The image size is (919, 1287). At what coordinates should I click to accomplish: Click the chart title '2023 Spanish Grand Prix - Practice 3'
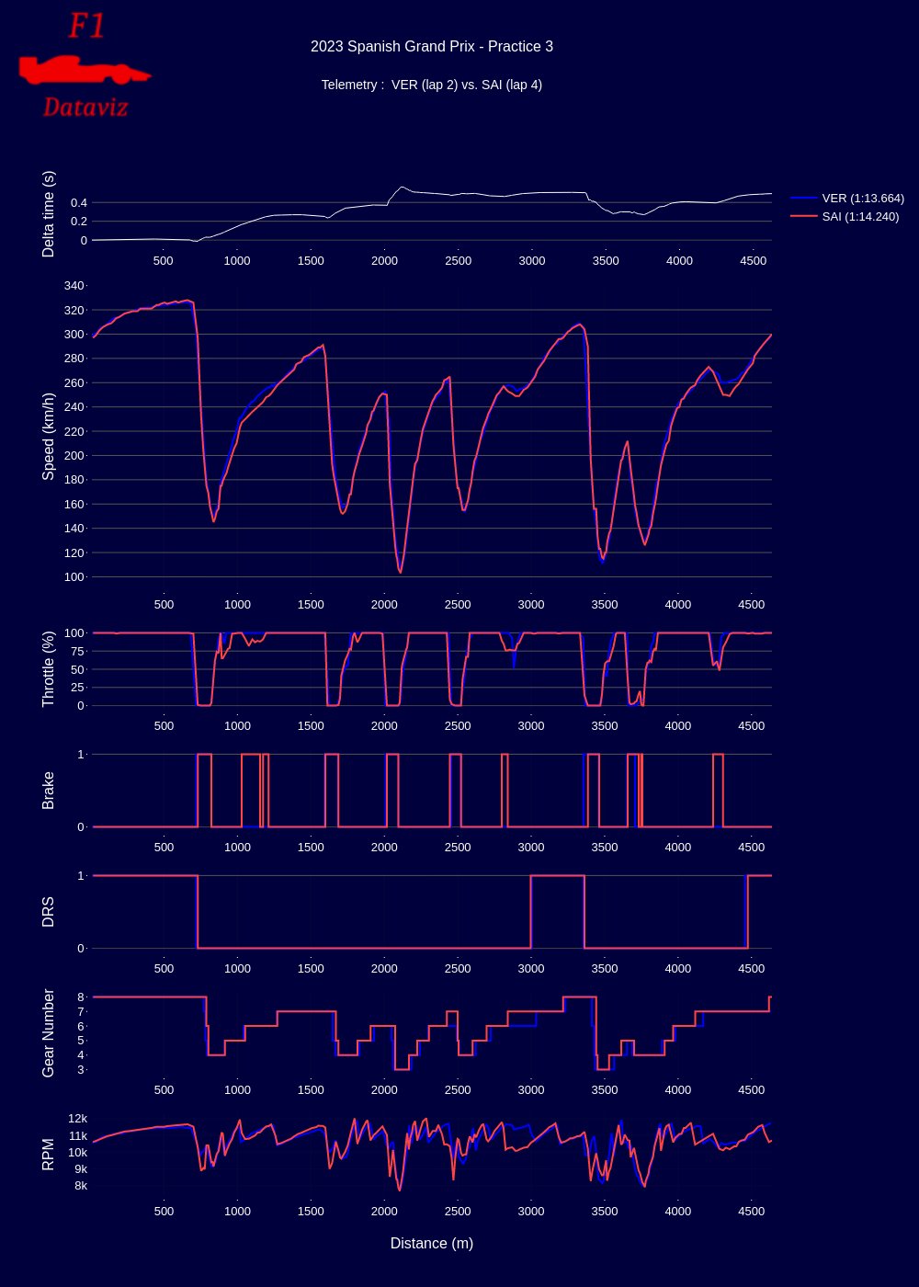click(x=431, y=47)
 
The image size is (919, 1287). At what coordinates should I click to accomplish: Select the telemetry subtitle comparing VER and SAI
click(x=431, y=85)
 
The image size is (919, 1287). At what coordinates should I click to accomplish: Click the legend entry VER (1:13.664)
click(x=847, y=199)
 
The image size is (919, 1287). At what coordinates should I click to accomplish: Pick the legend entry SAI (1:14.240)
click(x=845, y=217)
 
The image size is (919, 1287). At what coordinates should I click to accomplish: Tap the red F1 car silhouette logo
click(x=84, y=70)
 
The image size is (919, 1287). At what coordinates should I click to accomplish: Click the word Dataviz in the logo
click(x=85, y=108)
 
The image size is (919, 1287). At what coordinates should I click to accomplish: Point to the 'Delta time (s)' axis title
click(x=48, y=213)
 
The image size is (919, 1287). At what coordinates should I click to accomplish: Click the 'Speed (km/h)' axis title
click(x=48, y=437)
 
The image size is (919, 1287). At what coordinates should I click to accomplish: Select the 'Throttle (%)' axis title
click(x=48, y=669)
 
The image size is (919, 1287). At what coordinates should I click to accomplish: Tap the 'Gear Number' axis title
click(x=48, y=1033)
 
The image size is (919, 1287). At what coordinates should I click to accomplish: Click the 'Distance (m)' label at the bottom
click(x=431, y=1243)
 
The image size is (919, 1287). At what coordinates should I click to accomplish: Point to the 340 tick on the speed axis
click(x=74, y=286)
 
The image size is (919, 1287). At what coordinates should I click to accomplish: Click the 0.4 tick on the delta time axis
click(x=79, y=203)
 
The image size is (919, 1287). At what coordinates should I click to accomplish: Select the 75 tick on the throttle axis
click(x=77, y=651)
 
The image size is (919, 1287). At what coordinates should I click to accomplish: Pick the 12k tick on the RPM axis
click(x=77, y=1118)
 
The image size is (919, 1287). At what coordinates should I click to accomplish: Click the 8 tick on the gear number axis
click(x=81, y=997)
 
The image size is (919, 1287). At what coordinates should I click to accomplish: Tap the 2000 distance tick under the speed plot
click(x=384, y=605)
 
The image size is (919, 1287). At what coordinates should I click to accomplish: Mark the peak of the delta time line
click(x=402, y=187)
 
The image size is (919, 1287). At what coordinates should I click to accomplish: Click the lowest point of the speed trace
click(x=401, y=572)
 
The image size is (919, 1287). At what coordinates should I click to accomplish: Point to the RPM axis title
click(x=48, y=1155)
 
